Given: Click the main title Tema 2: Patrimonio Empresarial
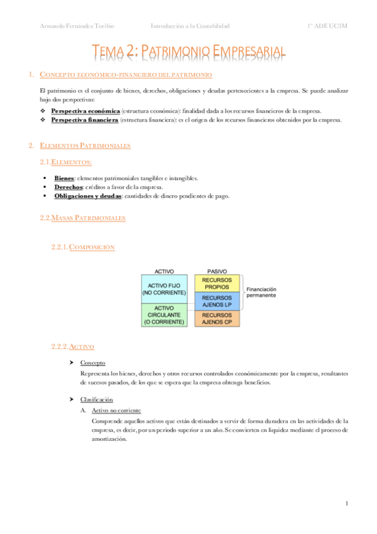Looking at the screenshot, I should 189,52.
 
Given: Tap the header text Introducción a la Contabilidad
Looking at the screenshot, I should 190,26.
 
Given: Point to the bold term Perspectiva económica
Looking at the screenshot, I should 85,111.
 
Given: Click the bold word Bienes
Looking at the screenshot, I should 64,178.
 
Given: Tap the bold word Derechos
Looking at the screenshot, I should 68,187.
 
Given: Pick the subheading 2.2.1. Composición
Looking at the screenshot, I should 83,247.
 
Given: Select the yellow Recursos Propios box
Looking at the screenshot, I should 217,283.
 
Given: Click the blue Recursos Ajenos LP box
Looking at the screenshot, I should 217,301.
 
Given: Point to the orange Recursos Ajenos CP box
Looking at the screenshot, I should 217,319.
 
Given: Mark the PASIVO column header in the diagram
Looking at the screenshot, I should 217,271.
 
